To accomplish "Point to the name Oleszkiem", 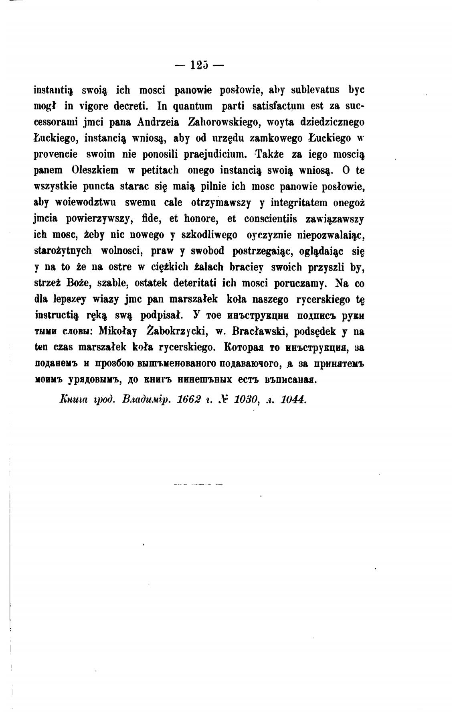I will pyautogui.click(x=95, y=170).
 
